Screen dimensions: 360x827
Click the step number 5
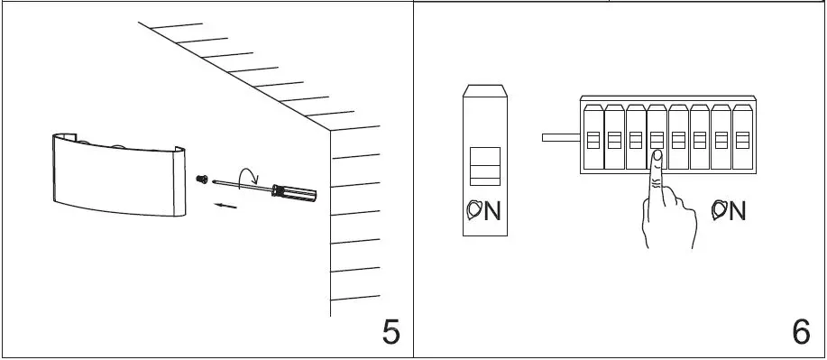(391, 332)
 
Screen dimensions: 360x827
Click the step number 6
(801, 332)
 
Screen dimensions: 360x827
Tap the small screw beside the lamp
(202, 179)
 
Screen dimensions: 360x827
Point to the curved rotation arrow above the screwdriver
(245, 172)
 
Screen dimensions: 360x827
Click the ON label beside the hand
(728, 210)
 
